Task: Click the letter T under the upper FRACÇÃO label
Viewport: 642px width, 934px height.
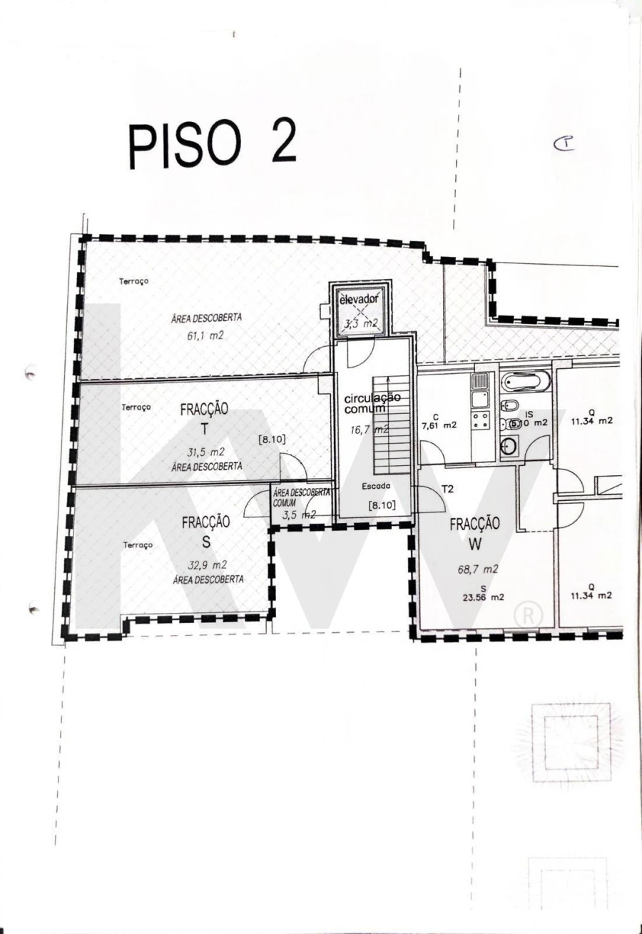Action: (205, 428)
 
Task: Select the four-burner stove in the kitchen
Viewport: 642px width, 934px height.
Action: (480, 419)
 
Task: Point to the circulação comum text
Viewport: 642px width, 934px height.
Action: (372, 403)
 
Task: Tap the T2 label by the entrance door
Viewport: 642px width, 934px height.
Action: (448, 489)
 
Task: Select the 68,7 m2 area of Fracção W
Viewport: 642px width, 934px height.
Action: (478, 569)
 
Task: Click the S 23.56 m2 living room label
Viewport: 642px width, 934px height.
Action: (482, 593)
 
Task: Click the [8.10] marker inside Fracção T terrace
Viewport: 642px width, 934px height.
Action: (272, 440)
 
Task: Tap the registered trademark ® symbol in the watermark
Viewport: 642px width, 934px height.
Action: (528, 615)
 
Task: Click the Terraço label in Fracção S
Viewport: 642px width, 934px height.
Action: (138, 544)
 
